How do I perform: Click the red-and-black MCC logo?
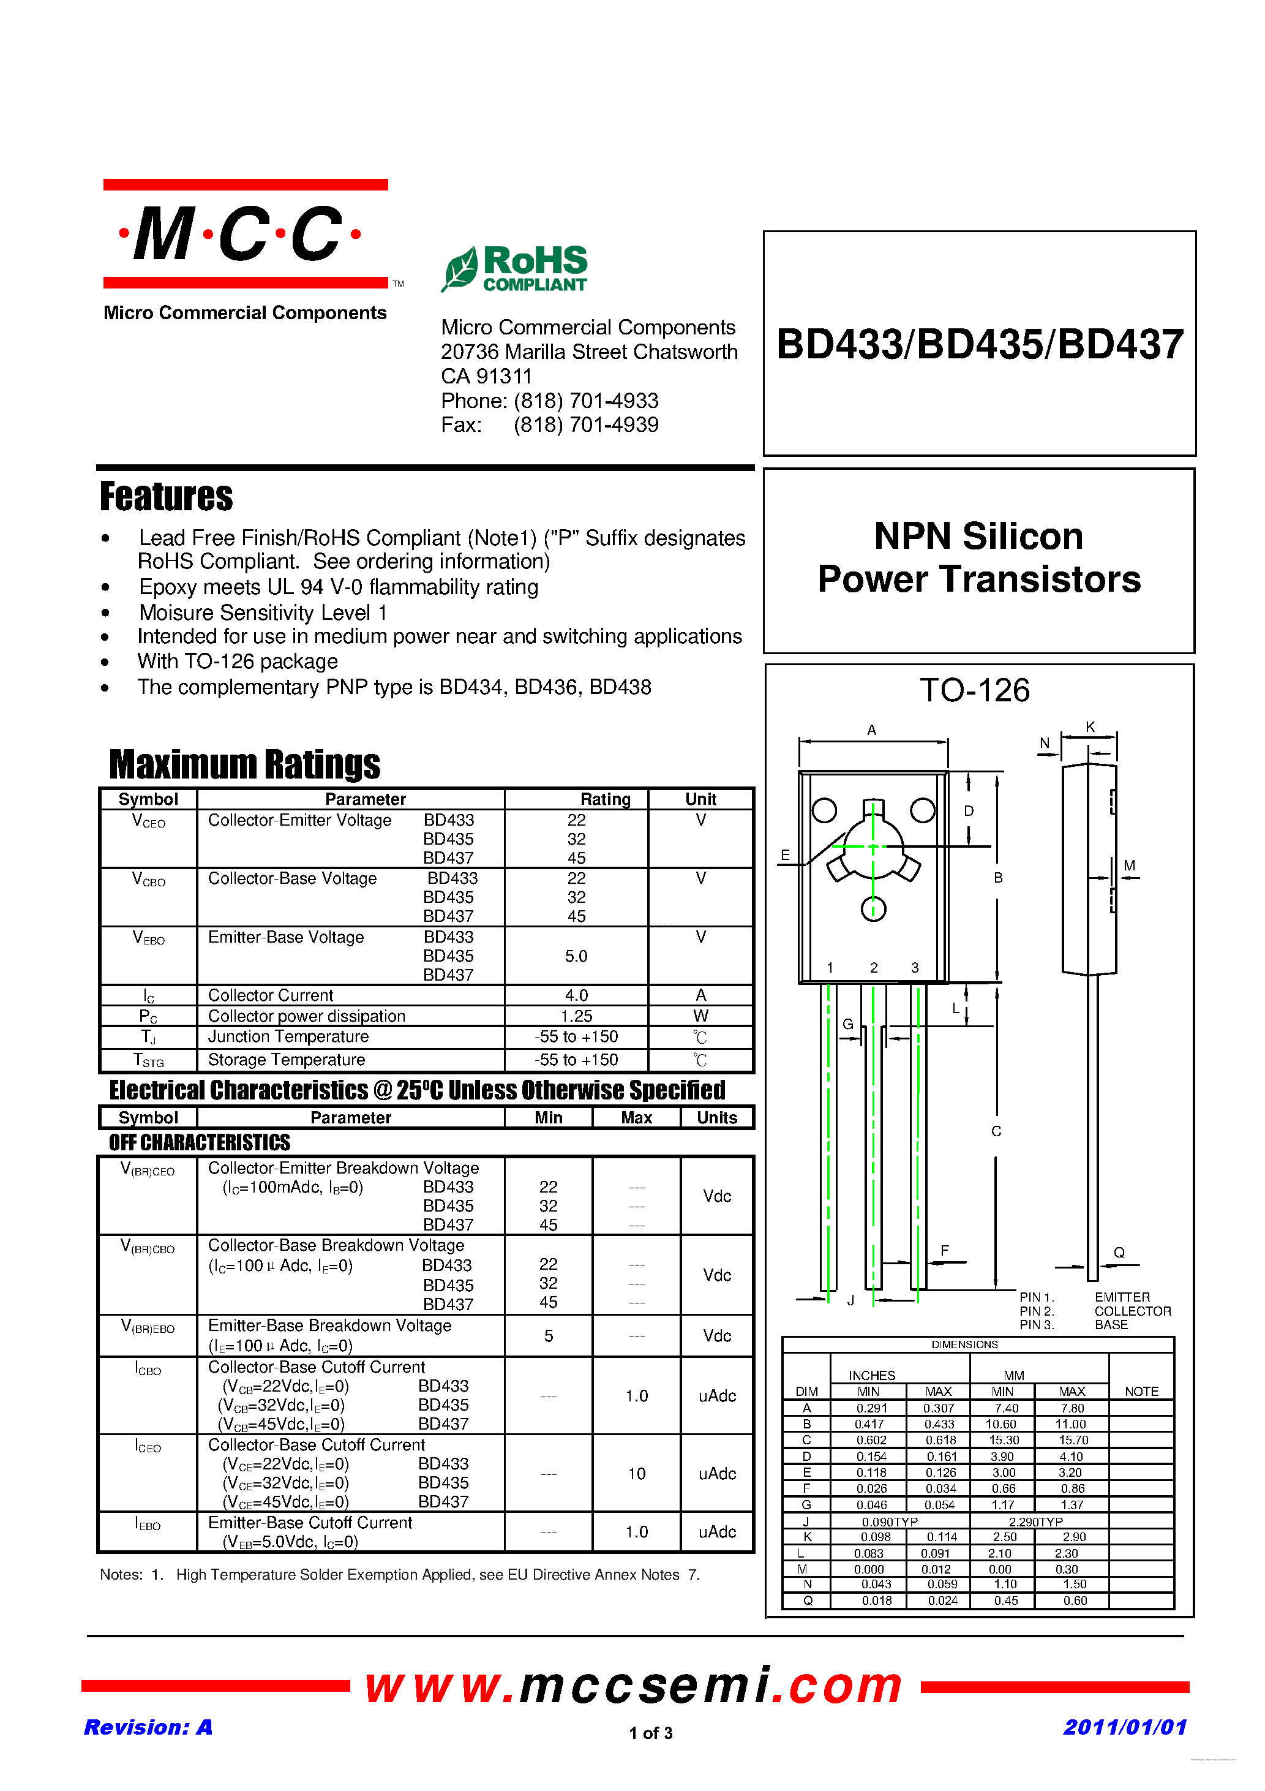[245, 234]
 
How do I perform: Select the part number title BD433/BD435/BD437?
[980, 344]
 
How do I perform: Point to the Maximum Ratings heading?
[244, 764]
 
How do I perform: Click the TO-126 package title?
[974, 690]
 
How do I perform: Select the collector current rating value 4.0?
[576, 995]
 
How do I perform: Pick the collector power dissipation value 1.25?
[576, 1016]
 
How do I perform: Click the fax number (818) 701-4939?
[586, 425]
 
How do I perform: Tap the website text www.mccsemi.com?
[633, 1686]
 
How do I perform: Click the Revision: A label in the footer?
[148, 1727]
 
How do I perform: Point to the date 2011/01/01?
[1125, 1727]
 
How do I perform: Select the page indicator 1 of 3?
[650, 1733]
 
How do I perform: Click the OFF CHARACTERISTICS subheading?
[200, 1143]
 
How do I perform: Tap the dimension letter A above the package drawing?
[872, 730]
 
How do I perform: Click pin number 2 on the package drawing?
[874, 968]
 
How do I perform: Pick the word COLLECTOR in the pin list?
[1132, 1311]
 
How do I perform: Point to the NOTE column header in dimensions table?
[1141, 1392]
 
